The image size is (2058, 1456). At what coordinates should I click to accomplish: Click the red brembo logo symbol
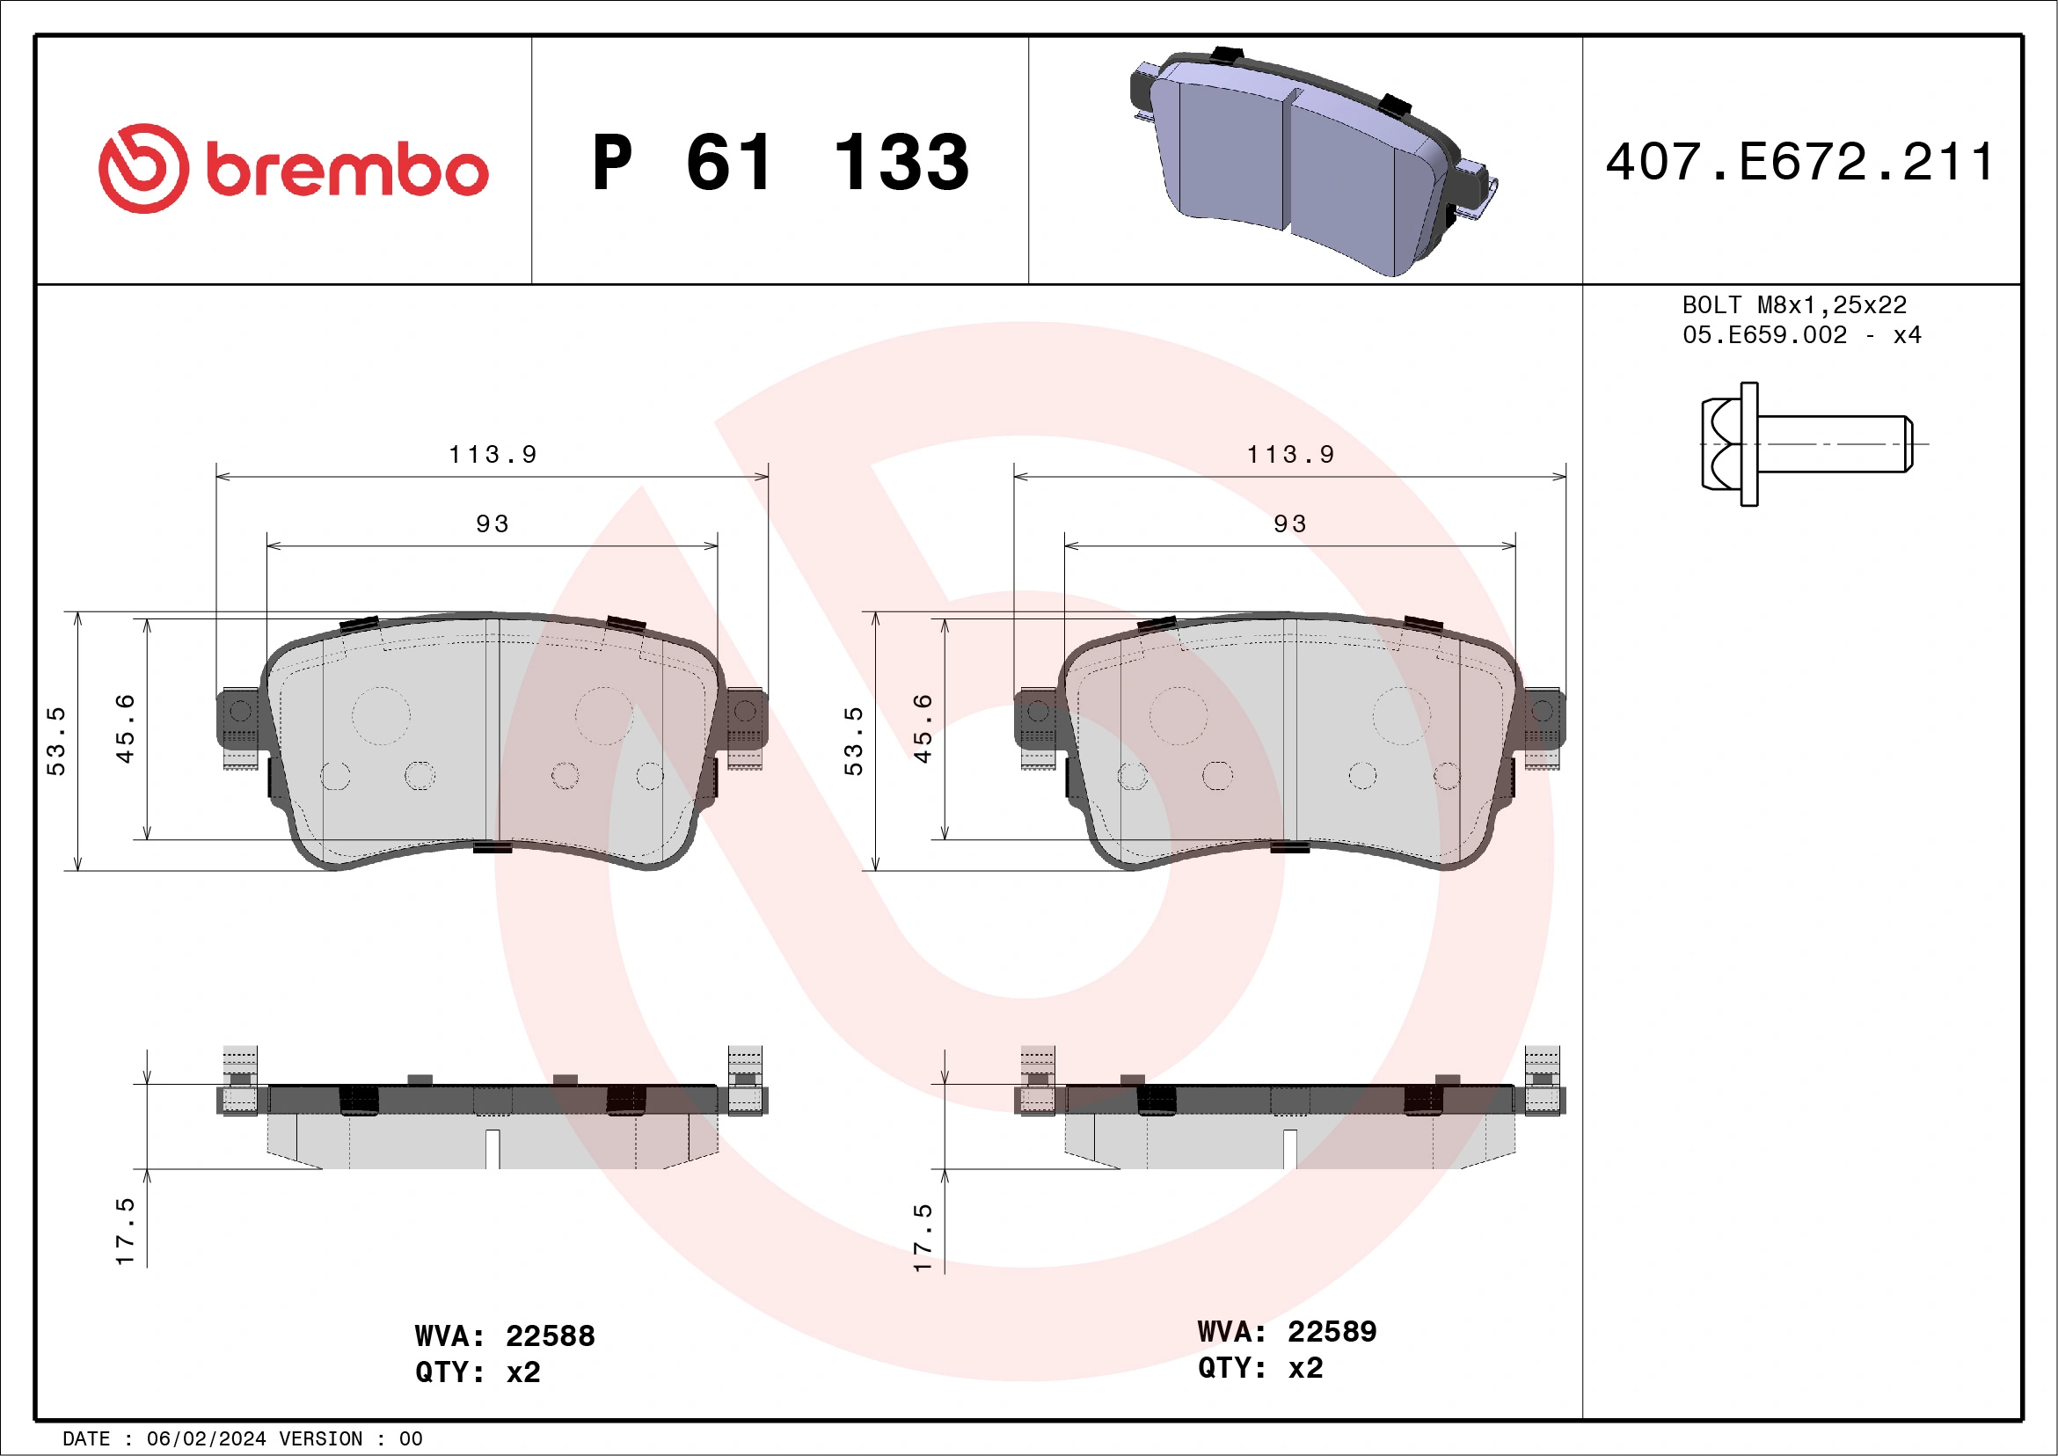tap(143, 169)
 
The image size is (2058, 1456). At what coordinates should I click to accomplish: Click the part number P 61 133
tap(780, 163)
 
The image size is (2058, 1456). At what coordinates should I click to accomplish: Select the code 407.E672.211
tap(1799, 162)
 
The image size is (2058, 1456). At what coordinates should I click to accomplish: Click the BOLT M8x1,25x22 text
tap(1793, 304)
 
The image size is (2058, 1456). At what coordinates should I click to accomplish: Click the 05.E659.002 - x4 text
tap(1801, 335)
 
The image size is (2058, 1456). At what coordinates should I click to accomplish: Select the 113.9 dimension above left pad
tap(493, 455)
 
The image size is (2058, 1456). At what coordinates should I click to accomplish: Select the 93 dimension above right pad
tap(1290, 523)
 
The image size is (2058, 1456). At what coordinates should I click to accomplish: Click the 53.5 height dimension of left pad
tap(55, 741)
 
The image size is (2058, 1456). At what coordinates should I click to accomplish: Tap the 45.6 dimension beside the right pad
tap(923, 728)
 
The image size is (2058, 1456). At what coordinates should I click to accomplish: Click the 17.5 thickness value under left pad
tap(125, 1231)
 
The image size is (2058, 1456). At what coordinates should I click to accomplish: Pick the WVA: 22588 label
tap(505, 1335)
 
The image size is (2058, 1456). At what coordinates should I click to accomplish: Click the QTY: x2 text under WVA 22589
tap(1259, 1368)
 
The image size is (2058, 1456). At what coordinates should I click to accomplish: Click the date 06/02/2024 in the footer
tap(205, 1439)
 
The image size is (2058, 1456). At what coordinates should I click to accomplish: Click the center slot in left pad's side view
tap(493, 1147)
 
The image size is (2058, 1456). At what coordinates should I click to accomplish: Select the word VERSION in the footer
tap(320, 1439)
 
